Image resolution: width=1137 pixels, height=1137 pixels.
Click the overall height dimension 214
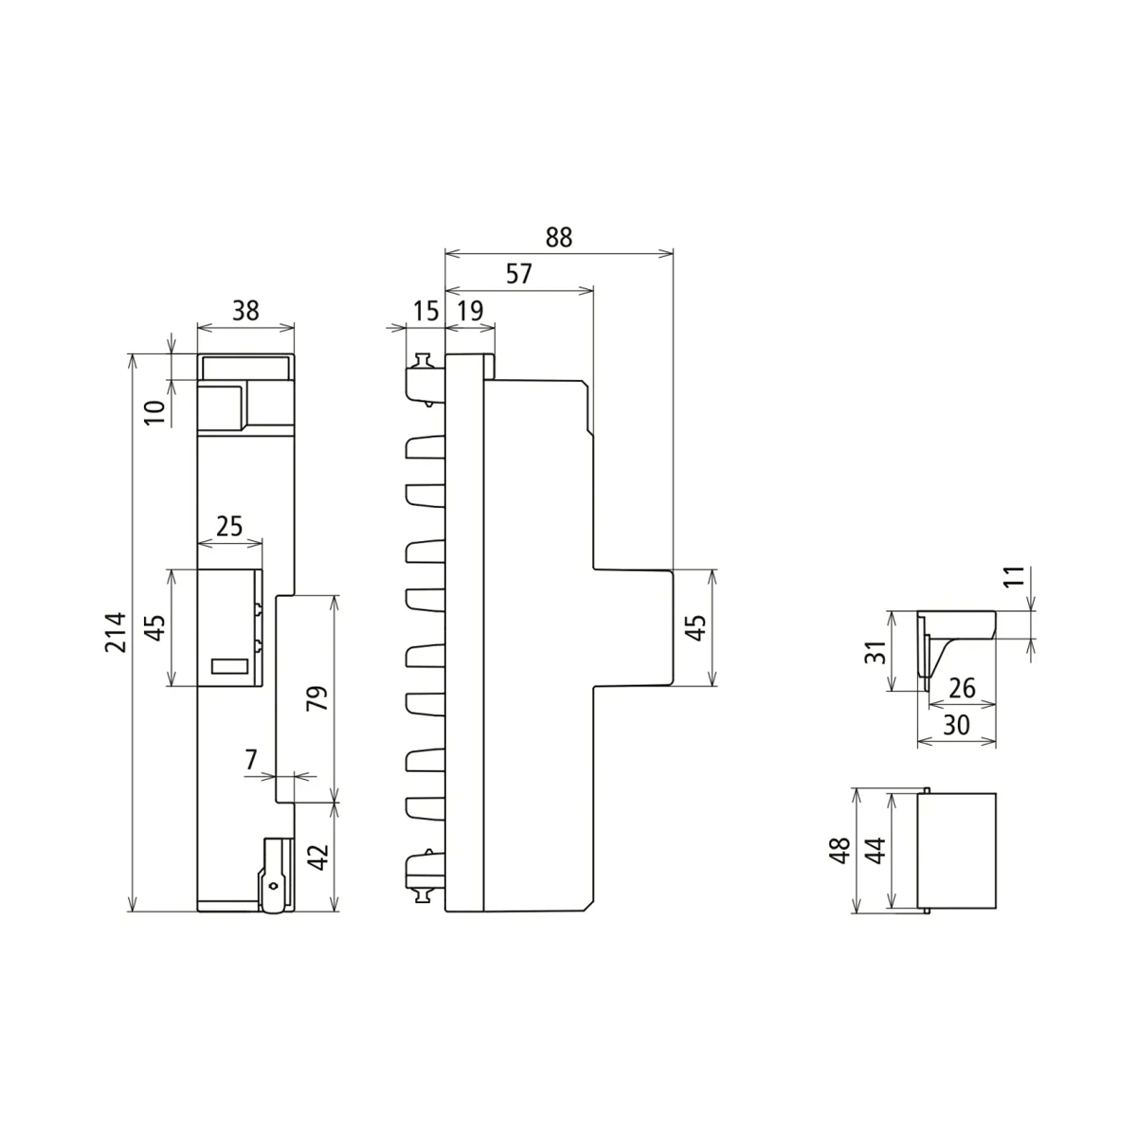[x=115, y=632]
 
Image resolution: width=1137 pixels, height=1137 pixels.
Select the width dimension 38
[x=245, y=310]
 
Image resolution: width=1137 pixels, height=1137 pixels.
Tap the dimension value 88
[x=559, y=237]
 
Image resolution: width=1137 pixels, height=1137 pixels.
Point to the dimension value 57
[x=518, y=274]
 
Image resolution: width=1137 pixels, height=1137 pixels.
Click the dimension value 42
[x=318, y=857]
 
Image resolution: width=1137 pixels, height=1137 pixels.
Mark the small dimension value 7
[x=251, y=759]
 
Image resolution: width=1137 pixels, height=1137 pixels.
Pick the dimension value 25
[x=229, y=526]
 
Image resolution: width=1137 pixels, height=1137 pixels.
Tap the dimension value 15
[x=425, y=310]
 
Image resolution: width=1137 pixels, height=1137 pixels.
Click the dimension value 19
[x=470, y=310]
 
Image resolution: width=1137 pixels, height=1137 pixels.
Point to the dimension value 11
[x=1014, y=577]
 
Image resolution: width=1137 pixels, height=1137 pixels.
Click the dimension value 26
[x=962, y=688]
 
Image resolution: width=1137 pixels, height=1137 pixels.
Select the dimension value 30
[x=957, y=725]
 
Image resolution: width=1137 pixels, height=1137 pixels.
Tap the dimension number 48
[x=838, y=850]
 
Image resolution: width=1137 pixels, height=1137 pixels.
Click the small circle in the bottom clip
[x=274, y=887]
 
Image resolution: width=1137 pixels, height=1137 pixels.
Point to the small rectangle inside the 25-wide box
[x=229, y=666]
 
